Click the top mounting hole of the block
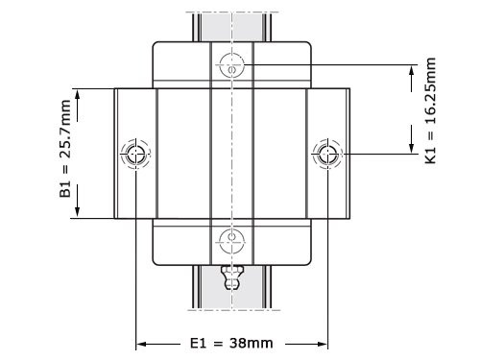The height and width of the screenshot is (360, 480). coord(231,65)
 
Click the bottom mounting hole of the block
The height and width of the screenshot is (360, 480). coord(231,240)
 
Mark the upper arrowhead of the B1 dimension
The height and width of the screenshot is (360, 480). coord(78,94)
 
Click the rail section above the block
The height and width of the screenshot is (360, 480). coord(231,24)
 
